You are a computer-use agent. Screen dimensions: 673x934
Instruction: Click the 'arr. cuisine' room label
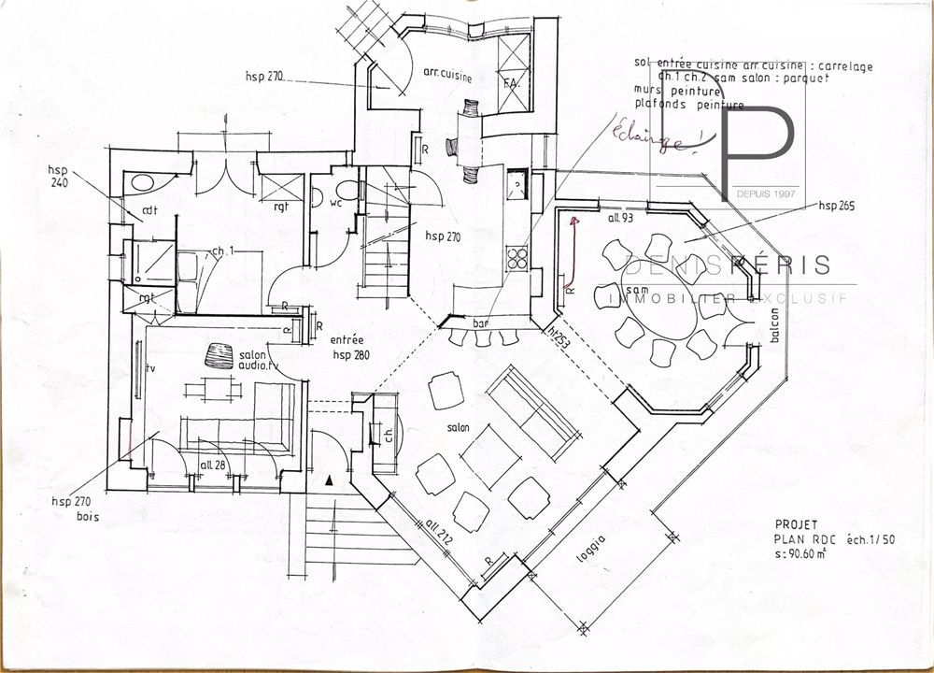coord(446,74)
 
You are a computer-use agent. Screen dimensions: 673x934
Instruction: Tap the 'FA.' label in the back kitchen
coord(510,84)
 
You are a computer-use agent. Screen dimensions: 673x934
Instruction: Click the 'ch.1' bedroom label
coord(221,251)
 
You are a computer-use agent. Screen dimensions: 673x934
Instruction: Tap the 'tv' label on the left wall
coord(150,369)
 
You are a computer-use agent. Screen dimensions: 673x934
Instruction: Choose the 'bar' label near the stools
coord(482,322)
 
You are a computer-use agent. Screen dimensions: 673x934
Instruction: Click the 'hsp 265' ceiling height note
coord(837,204)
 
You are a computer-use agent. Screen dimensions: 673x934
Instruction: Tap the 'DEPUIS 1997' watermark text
coord(766,192)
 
